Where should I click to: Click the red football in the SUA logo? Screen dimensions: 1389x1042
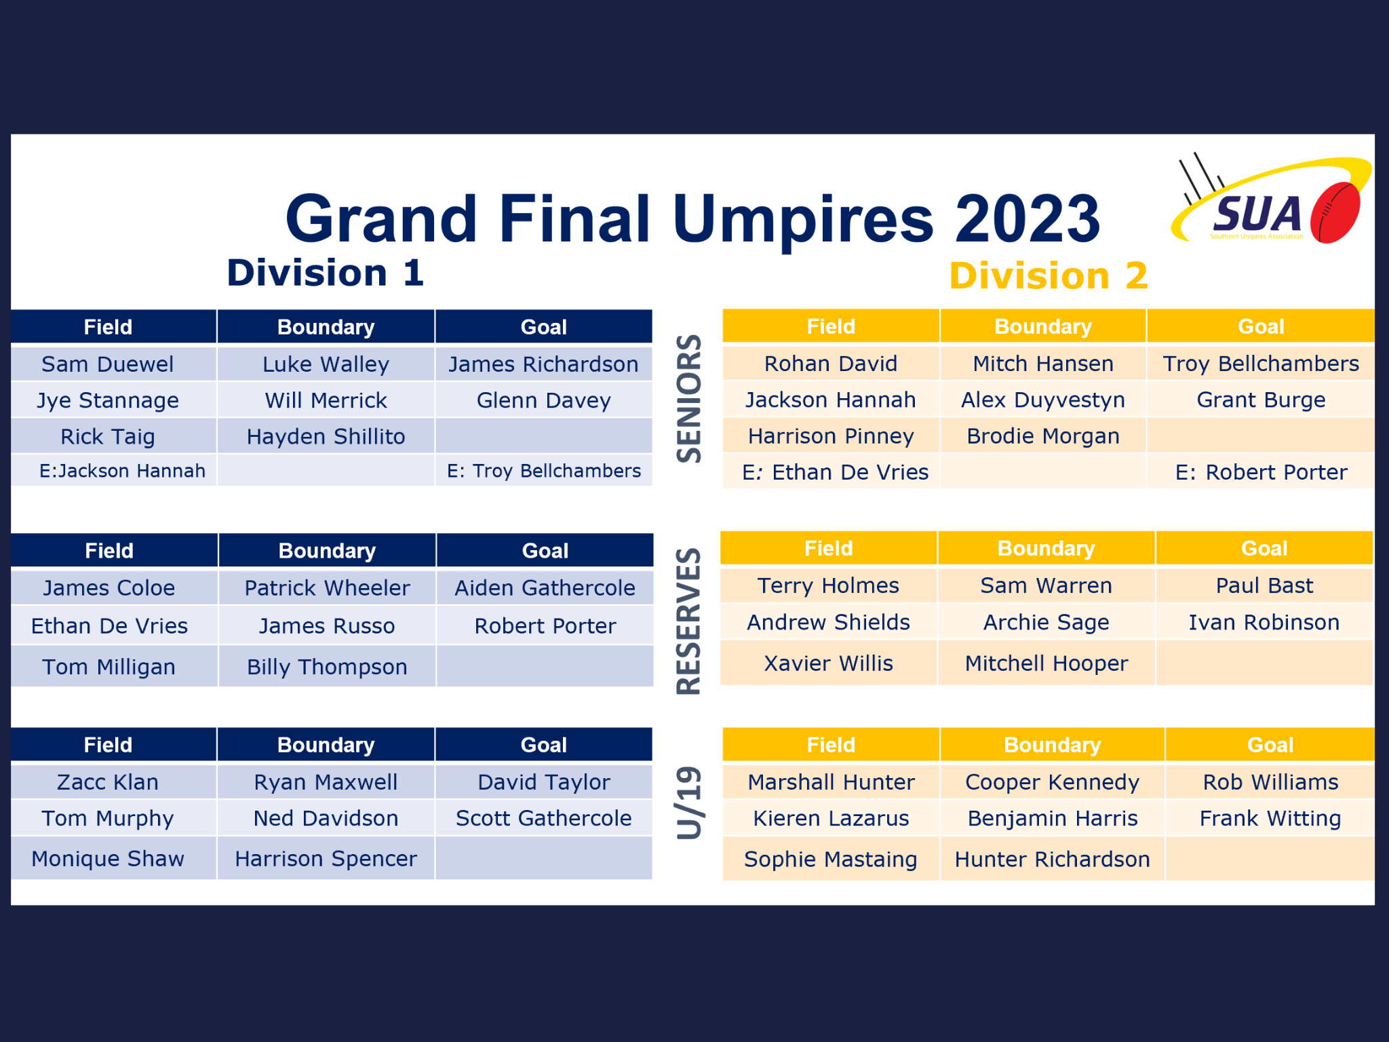pyautogui.click(x=1335, y=212)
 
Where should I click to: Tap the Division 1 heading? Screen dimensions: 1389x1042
pyautogui.click(x=326, y=273)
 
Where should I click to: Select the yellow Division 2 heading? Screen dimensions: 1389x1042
pyautogui.click(x=1049, y=276)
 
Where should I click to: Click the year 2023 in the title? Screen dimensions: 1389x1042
pyautogui.click(x=1028, y=218)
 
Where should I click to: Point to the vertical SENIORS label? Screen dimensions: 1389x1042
pyautogui.click(x=689, y=398)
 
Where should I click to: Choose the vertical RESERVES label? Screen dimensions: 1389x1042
pyautogui.click(x=689, y=621)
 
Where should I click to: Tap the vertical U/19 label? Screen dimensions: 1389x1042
pyautogui.click(x=689, y=803)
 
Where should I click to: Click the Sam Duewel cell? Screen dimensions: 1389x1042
pyautogui.click(x=108, y=364)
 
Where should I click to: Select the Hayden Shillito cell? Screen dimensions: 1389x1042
pyautogui.click(x=326, y=436)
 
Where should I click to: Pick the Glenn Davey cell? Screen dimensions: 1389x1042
pyautogui.click(x=544, y=400)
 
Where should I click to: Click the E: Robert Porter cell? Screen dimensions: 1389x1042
pyautogui.click(x=1261, y=472)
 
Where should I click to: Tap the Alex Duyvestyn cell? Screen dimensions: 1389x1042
pyautogui.click(x=1043, y=400)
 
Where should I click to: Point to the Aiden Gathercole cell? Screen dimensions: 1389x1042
pyautogui.click(x=545, y=587)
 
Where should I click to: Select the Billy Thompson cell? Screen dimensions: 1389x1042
pyautogui.click(x=327, y=667)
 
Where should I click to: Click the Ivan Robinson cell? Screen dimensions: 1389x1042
pyautogui.click(x=1264, y=622)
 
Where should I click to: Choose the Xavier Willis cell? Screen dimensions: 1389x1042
pyautogui.click(x=829, y=663)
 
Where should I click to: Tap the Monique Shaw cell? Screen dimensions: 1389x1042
pyautogui.click(x=108, y=859)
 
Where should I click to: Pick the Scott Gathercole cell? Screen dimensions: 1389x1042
pyautogui.click(x=544, y=818)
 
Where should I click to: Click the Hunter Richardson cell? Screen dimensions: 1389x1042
pyautogui.click(x=1053, y=860)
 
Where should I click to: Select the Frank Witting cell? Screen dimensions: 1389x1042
pyautogui.click(x=1270, y=818)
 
